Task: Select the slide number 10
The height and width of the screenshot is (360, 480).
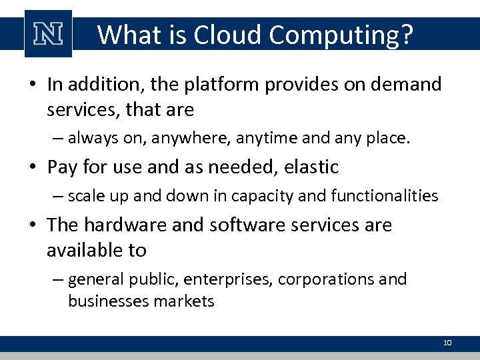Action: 447,343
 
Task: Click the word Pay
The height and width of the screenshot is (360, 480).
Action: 62,167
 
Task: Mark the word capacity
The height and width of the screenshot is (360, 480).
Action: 255,196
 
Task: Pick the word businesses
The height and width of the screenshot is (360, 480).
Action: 109,301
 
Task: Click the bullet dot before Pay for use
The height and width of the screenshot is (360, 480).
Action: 33,167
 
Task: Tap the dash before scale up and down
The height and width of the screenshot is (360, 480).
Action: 58,196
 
